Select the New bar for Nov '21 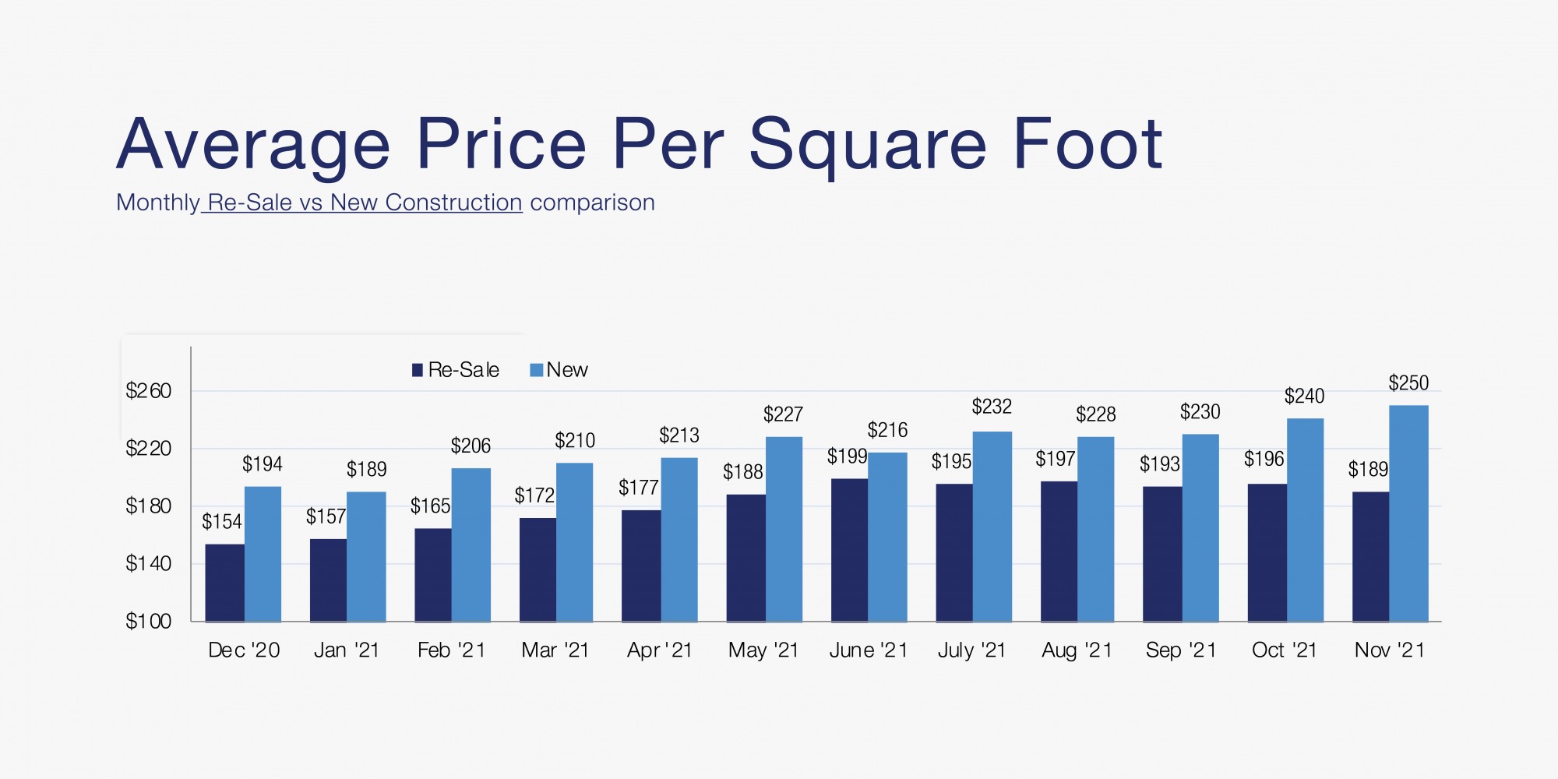tap(1408, 513)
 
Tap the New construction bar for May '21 tap(784, 529)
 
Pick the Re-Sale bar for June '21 tap(849, 550)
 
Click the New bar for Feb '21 tap(471, 545)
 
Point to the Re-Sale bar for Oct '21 tap(1267, 552)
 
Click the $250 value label tap(1408, 383)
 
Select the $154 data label tap(222, 522)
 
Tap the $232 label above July tap(992, 407)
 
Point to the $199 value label tap(847, 456)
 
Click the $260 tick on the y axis tap(148, 391)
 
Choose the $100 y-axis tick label tap(148, 622)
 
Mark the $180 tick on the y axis tap(148, 506)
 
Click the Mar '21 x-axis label tap(555, 650)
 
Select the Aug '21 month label tap(1077, 650)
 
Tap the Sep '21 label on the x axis tap(1181, 650)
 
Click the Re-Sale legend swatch tap(418, 370)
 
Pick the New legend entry tap(559, 370)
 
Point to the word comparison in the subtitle tap(592, 203)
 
